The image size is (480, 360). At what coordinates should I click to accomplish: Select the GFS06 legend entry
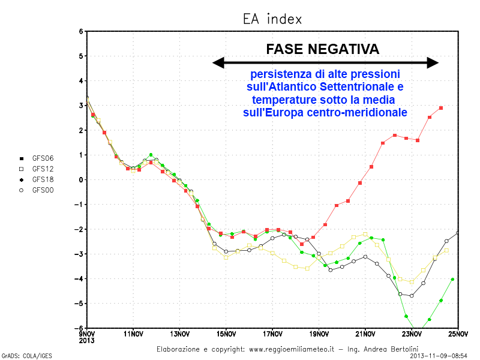[43, 158]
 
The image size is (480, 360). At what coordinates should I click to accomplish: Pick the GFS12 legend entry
[43, 169]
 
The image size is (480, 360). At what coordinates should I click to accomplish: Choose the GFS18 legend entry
[43, 179]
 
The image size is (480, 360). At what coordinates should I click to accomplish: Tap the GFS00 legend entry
[43, 190]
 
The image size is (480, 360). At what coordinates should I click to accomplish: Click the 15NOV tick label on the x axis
[226, 334]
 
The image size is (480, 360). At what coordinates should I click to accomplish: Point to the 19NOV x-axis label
[319, 334]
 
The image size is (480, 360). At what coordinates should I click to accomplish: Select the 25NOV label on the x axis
[458, 334]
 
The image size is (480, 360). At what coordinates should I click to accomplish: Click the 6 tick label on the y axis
[80, 31]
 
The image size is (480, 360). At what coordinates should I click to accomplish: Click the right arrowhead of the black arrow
[433, 62]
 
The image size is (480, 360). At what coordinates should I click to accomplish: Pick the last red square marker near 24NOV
[441, 108]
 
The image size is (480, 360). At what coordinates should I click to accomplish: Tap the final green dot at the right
[453, 280]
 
